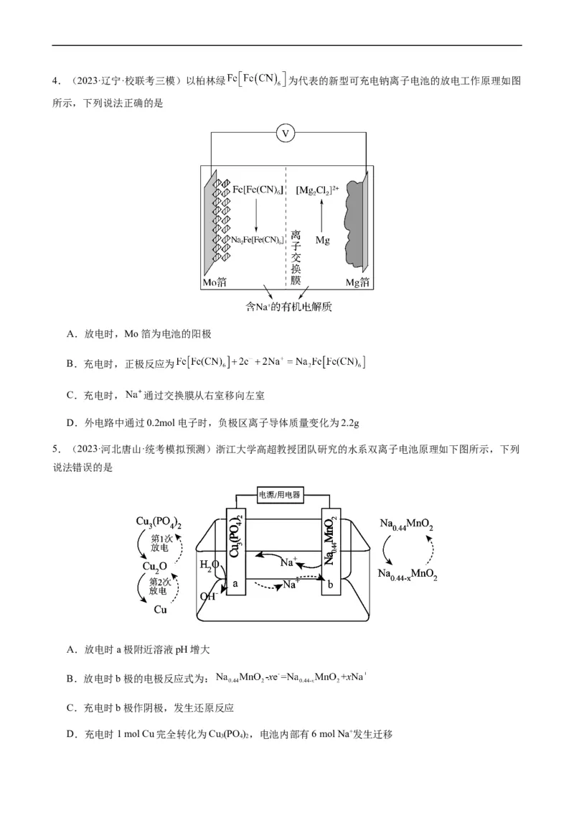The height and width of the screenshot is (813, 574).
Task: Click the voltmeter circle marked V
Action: [286, 133]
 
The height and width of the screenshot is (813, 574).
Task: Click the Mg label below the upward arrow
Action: [322, 241]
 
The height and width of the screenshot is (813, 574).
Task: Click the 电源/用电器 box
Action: [279, 495]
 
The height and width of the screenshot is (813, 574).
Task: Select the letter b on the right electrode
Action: [330, 585]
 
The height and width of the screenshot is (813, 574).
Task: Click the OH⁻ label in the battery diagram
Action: [208, 595]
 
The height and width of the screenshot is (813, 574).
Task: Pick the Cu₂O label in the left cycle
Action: [155, 566]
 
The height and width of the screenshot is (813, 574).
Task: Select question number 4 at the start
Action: [55, 81]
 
